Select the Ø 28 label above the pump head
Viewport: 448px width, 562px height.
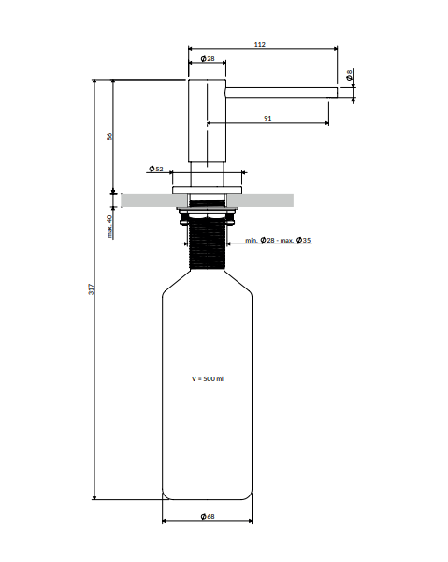coord(208,60)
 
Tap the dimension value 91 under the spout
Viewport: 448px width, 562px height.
coord(268,117)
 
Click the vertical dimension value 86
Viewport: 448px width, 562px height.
coord(109,136)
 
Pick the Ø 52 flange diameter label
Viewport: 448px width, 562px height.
coord(155,170)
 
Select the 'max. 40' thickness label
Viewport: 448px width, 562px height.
coord(109,226)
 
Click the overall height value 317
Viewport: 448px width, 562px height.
coord(92,290)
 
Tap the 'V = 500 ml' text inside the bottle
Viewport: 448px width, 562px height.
coord(208,378)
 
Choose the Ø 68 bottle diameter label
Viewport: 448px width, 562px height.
coord(208,516)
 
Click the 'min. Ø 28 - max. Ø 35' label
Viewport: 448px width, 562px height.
coord(278,241)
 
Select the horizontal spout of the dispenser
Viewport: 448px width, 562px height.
coord(281,91)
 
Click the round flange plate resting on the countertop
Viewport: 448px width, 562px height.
coord(208,189)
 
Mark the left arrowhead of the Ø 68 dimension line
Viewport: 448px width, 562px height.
coord(165,522)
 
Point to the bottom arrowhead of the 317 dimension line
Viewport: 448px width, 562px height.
coord(94,496)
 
